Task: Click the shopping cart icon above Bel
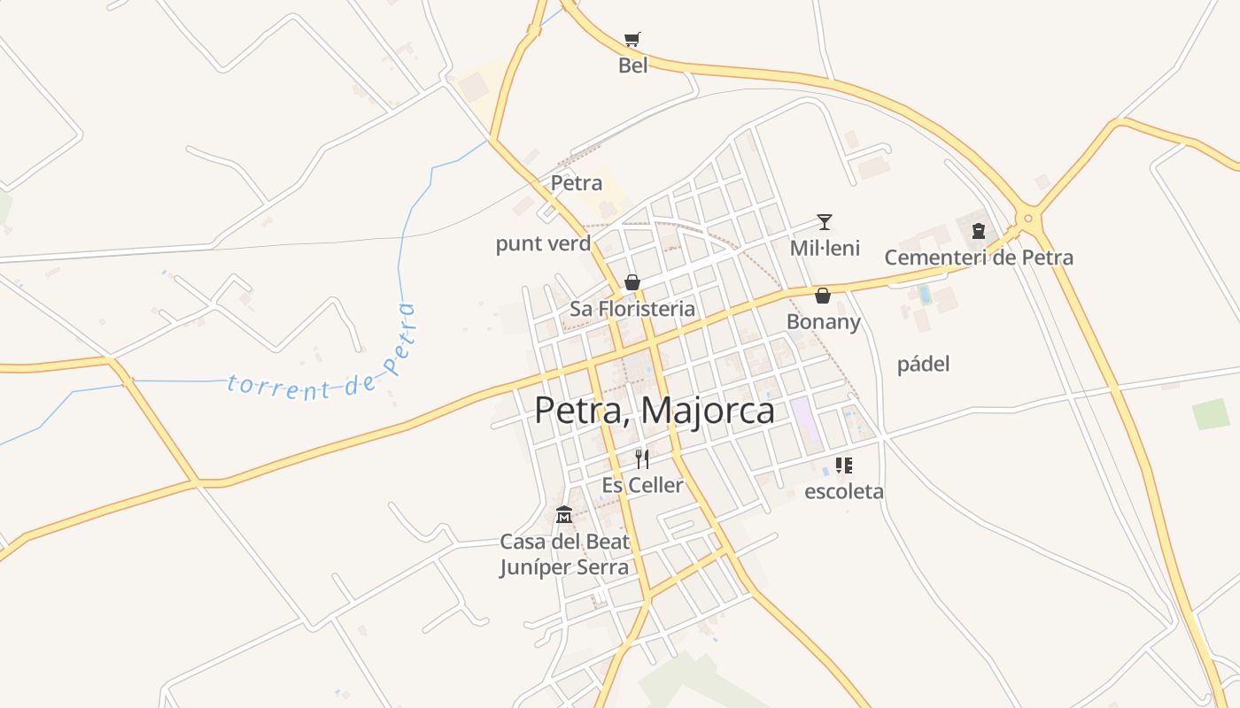tap(632, 39)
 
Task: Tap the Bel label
tap(632, 65)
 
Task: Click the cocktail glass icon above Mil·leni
tap(825, 221)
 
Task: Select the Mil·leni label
tap(825, 248)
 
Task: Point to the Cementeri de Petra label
tap(979, 258)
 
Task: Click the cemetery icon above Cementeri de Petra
tap(979, 231)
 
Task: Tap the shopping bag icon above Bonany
tap(823, 296)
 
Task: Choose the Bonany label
tap(824, 321)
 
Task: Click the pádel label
tap(923, 364)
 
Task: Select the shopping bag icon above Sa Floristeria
tap(632, 282)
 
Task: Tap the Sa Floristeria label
tap(632, 309)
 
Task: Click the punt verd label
tap(543, 243)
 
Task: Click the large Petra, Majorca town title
tap(655, 411)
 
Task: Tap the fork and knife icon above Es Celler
tap(643, 458)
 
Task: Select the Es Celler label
tap(643, 485)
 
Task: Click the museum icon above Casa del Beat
tap(564, 514)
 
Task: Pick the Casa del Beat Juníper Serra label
tap(564, 554)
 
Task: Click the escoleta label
tap(843, 491)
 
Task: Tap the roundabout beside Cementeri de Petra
tap(1028, 217)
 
